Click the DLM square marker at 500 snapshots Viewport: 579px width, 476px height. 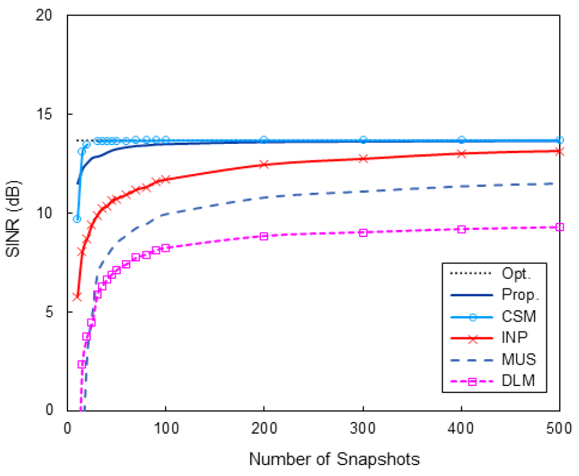(560, 227)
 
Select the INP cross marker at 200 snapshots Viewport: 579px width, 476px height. (264, 164)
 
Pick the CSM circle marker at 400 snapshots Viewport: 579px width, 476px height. (461, 140)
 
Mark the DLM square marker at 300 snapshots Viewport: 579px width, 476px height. (363, 233)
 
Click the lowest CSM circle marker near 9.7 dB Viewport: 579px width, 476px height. (77, 219)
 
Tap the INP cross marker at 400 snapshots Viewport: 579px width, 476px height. (461, 154)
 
